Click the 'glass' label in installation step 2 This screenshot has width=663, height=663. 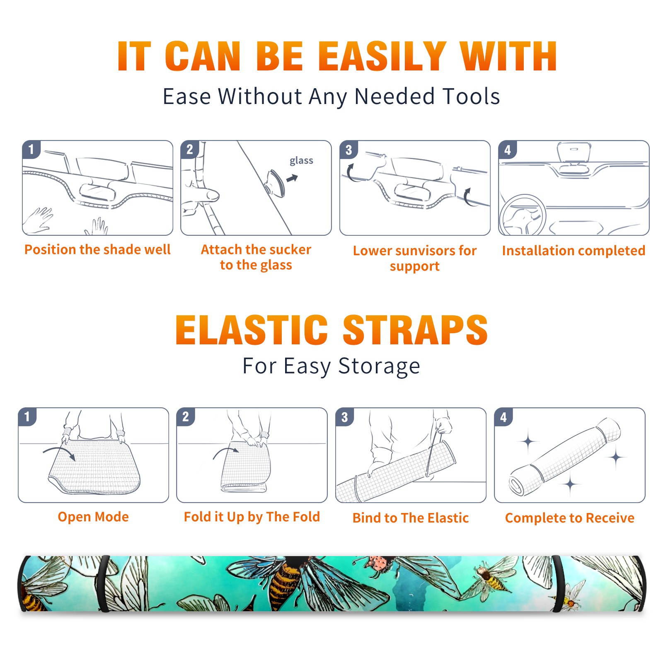coord(301,161)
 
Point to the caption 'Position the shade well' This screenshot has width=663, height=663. coord(97,249)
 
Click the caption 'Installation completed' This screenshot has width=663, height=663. coord(573,251)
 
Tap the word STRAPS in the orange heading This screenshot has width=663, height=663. coord(415,330)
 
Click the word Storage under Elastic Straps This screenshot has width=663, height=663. coord(379,366)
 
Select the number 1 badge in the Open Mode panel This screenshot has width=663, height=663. coord(27,417)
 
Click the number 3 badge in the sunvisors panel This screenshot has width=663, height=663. coord(348,150)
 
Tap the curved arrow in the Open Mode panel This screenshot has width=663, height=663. coord(59,452)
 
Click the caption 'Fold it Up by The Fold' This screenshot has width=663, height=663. coord(252,517)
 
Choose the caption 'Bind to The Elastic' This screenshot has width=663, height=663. coord(411,518)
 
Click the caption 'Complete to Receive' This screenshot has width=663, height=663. coord(570,518)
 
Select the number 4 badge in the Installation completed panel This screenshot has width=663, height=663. coord(508,150)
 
